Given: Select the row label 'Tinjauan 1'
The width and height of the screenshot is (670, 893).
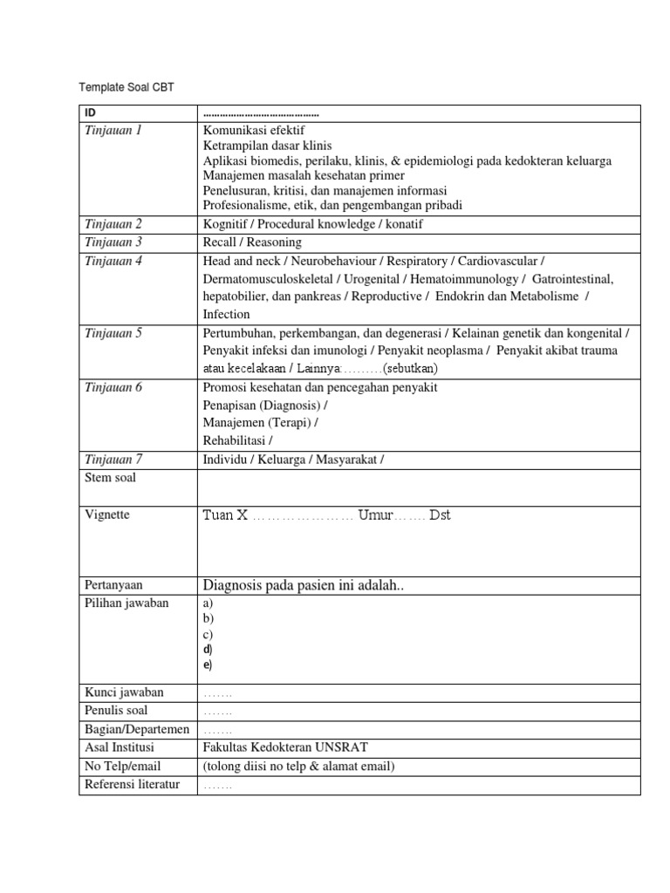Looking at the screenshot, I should (113, 130).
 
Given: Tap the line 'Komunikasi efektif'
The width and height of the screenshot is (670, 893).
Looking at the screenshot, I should (254, 130).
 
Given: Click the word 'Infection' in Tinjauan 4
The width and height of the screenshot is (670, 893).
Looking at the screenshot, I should (226, 314).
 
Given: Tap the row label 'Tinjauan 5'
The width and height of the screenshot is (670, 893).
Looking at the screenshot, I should (113, 332).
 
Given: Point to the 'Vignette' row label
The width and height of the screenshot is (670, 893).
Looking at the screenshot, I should (107, 515).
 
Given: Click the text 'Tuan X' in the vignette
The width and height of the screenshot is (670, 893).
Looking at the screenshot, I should (224, 515).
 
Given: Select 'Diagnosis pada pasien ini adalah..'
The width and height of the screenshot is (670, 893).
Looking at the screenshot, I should (304, 585).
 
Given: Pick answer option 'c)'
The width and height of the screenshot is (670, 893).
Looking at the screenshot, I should (208, 634).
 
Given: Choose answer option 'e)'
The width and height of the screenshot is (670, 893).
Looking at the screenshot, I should (208, 665).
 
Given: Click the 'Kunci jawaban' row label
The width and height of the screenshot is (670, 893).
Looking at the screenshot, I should (124, 692).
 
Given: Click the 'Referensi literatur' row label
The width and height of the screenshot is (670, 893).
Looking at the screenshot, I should (132, 784).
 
